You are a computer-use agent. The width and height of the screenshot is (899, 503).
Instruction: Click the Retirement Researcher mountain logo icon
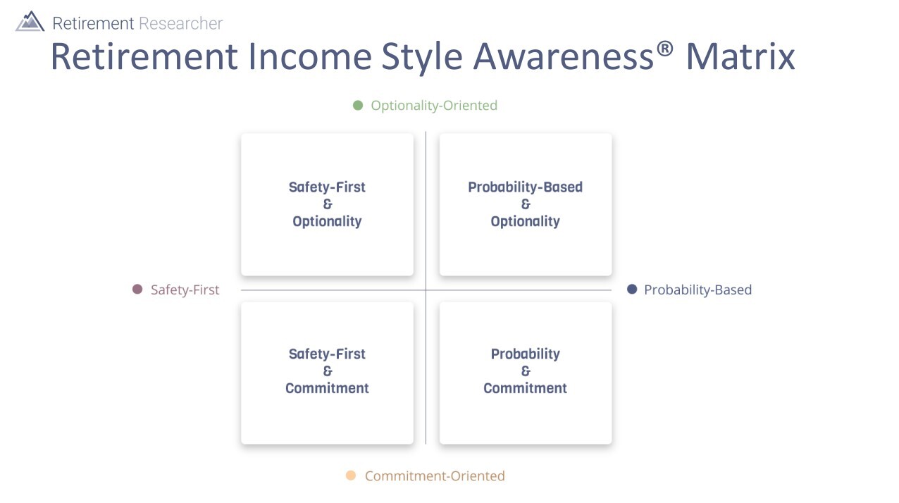tap(30, 22)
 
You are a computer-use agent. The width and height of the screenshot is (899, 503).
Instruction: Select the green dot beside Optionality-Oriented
tap(358, 106)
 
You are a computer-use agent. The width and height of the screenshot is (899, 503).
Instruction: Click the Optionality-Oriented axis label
tap(434, 106)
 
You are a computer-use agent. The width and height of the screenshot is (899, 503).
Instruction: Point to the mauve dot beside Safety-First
tap(137, 290)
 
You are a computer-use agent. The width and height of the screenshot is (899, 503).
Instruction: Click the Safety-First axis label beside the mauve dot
tap(185, 290)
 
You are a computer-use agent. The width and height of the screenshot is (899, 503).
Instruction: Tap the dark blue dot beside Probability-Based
tap(632, 290)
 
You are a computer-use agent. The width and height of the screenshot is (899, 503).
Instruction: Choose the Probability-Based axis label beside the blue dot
tap(697, 290)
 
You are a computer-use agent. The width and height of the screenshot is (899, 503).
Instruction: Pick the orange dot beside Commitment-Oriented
tap(351, 476)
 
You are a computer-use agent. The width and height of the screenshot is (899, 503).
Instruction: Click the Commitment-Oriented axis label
tap(435, 476)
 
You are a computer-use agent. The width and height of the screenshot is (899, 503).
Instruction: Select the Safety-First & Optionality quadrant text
tap(327, 204)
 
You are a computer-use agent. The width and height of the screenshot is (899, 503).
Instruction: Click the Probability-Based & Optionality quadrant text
tap(525, 204)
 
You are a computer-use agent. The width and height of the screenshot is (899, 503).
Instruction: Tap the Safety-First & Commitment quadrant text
tap(327, 371)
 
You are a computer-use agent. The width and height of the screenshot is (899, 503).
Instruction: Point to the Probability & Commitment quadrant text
tap(525, 371)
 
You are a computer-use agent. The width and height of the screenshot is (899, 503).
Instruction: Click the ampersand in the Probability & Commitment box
tap(525, 371)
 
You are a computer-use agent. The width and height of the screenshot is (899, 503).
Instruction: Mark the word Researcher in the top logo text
tap(180, 23)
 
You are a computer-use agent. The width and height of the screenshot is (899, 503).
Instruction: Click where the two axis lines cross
tap(426, 290)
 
